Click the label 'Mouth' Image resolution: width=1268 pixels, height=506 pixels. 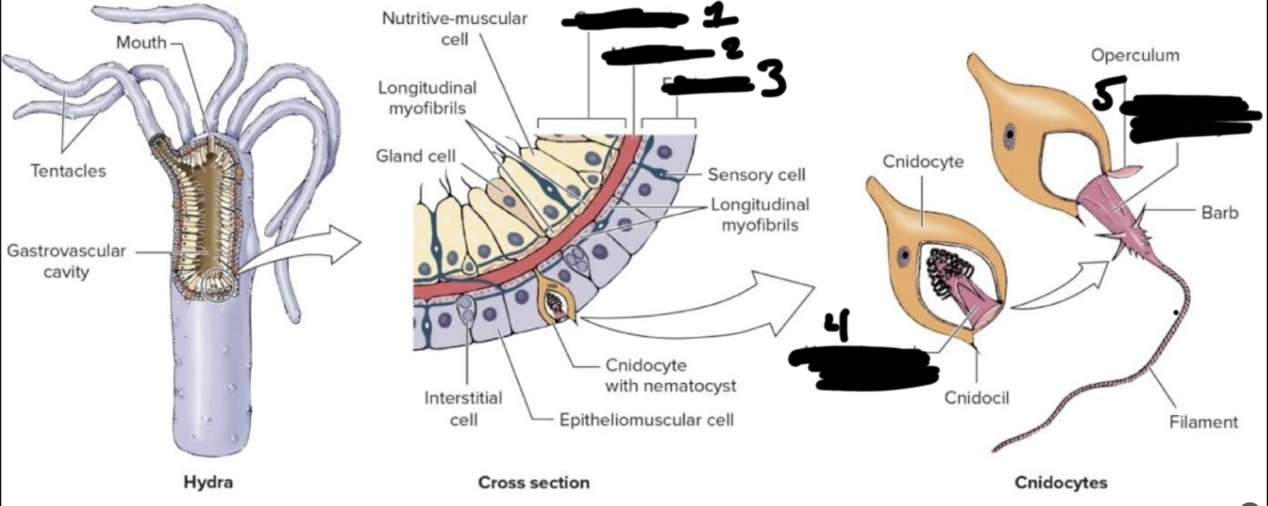(x=141, y=42)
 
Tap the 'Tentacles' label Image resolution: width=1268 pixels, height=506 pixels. (x=68, y=171)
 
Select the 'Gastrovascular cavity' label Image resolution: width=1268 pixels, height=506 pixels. (x=66, y=261)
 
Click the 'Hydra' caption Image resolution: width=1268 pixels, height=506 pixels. (x=208, y=482)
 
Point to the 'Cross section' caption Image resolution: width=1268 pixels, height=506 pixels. (x=534, y=482)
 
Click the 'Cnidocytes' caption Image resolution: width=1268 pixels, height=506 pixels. (x=1061, y=482)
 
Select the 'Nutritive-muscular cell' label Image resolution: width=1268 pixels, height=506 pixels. (x=454, y=28)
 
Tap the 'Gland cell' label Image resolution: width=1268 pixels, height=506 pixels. (x=415, y=156)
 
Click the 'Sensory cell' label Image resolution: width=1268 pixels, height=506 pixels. (x=756, y=174)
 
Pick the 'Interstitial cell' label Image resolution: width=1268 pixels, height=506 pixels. (x=463, y=408)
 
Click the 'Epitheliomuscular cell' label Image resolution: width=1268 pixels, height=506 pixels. (x=647, y=420)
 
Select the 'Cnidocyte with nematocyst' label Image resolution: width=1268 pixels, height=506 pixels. (x=670, y=376)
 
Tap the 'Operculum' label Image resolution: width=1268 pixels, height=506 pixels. (x=1135, y=55)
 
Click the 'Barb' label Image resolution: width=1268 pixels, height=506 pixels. (x=1219, y=213)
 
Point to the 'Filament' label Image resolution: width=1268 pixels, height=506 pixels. (x=1203, y=422)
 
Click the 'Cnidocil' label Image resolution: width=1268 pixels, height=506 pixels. (x=976, y=398)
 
